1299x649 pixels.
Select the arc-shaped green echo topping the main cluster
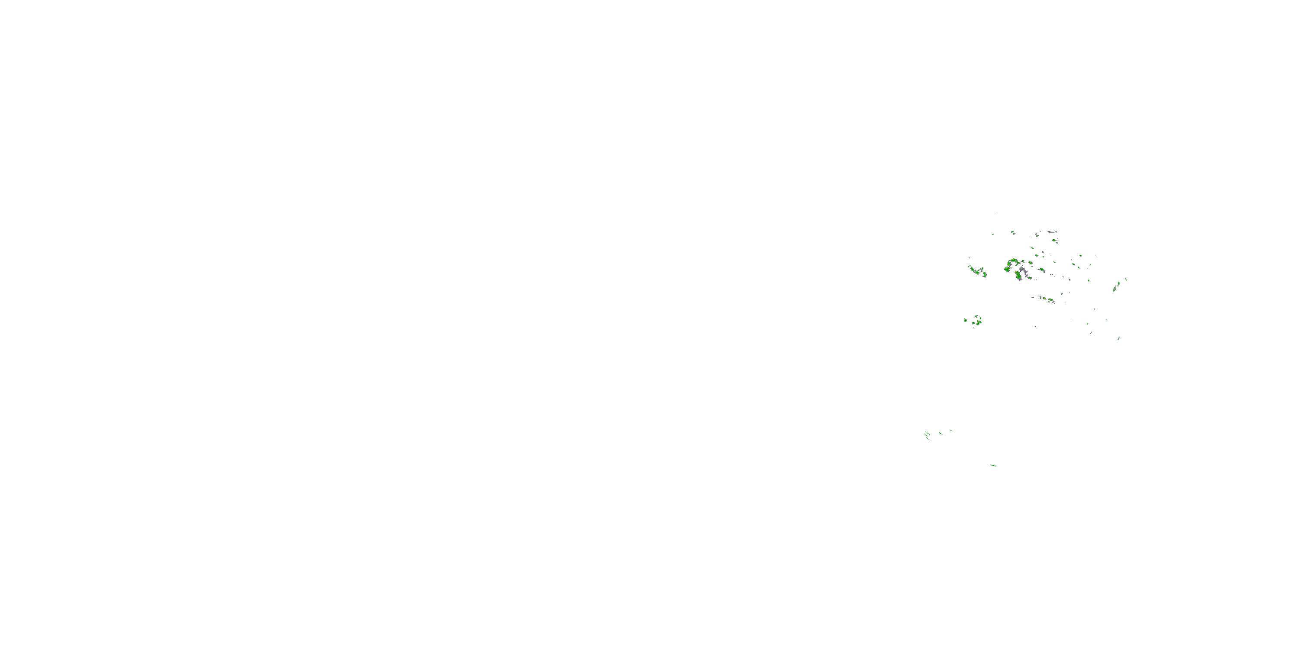click(x=1014, y=260)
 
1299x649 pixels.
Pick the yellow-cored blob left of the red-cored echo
click(x=1008, y=269)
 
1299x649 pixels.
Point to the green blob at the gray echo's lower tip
click(x=1030, y=278)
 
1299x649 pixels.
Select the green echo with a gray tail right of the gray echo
click(x=1042, y=270)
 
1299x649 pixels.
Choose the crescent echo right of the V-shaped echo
click(x=985, y=275)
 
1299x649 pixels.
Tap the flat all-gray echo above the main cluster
click(x=1051, y=232)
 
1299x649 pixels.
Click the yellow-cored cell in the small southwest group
click(x=978, y=321)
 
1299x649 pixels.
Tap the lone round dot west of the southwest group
click(x=966, y=321)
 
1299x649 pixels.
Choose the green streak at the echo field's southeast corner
click(x=1119, y=339)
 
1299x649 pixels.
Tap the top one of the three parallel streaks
click(x=928, y=434)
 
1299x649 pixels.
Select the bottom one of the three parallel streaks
click(x=928, y=439)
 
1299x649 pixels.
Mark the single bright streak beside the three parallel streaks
click(x=941, y=434)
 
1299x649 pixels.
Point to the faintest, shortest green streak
click(x=952, y=431)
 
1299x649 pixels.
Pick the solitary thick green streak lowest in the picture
click(x=993, y=466)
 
